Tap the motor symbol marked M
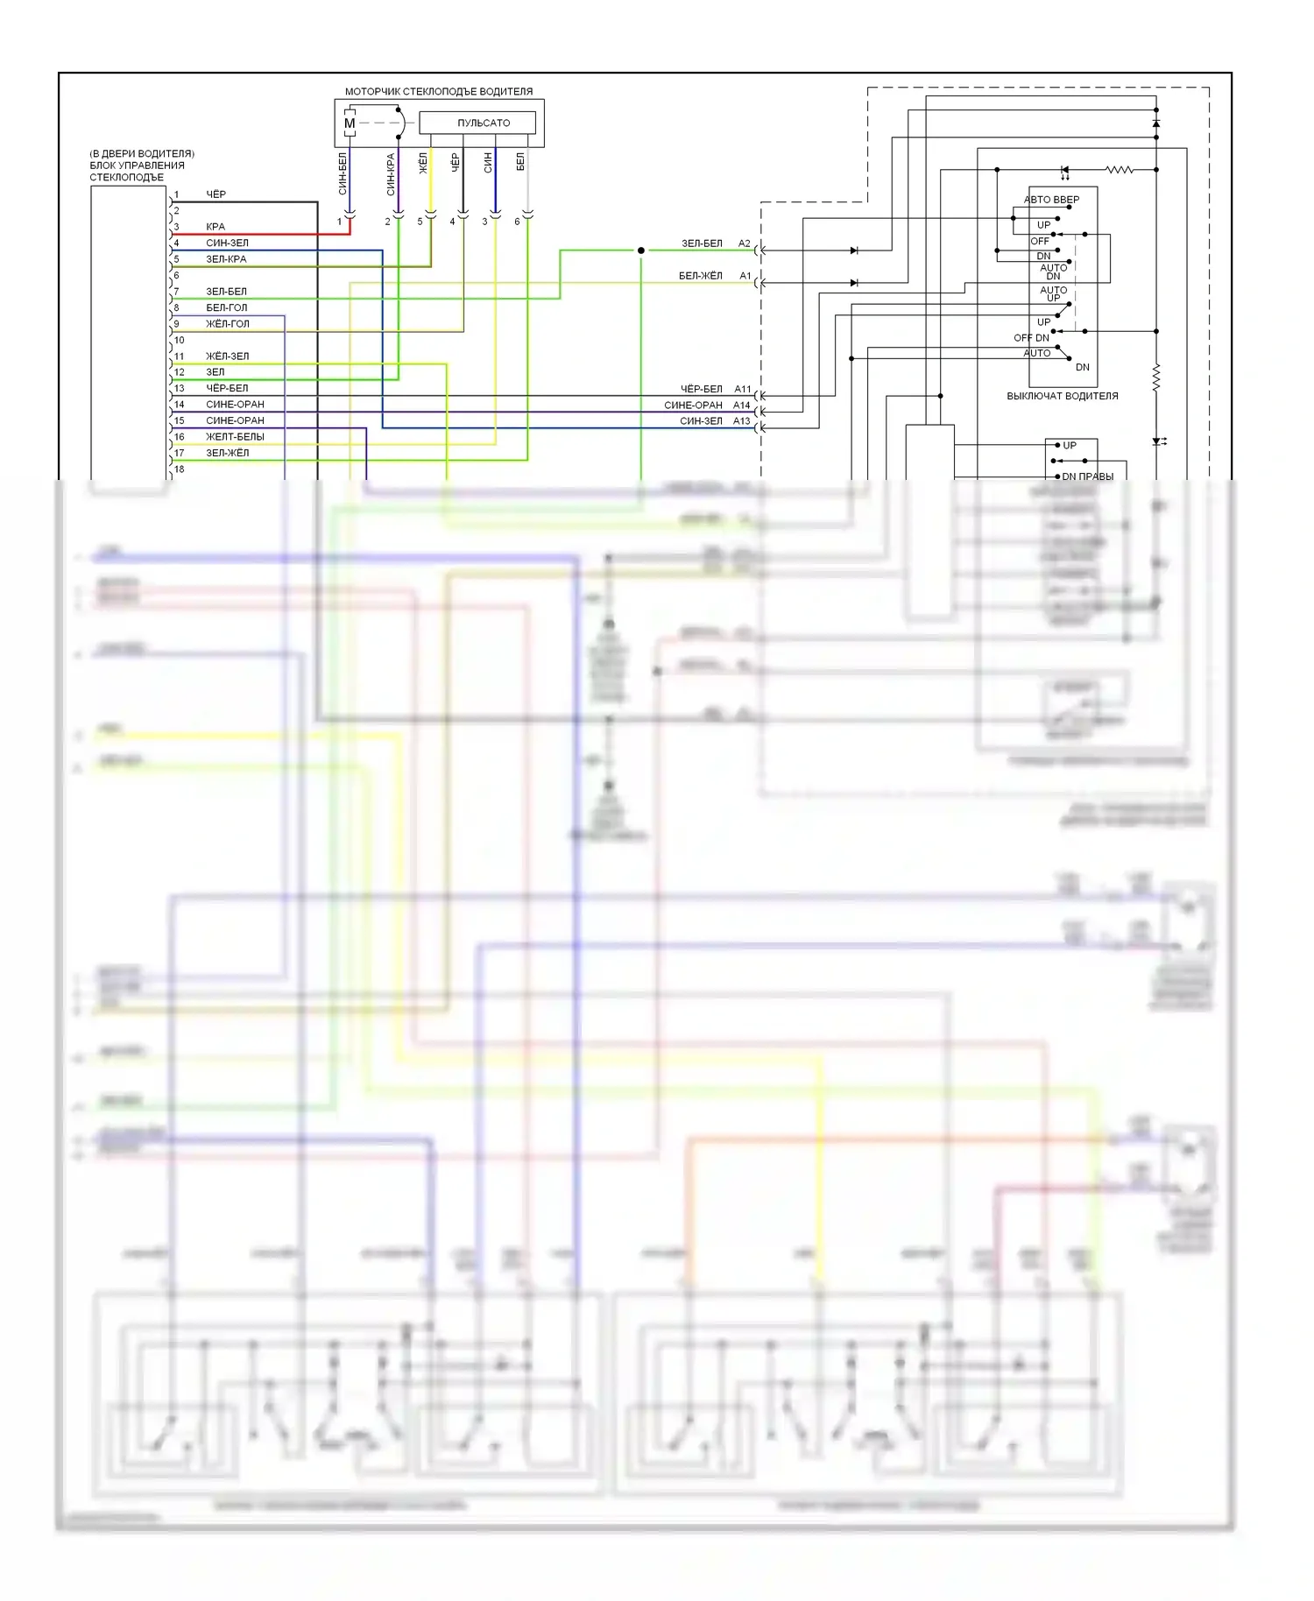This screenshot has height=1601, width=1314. (350, 123)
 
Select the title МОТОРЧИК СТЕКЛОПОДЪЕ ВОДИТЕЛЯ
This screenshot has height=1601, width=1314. (438, 91)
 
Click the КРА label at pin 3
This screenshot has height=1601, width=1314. (215, 227)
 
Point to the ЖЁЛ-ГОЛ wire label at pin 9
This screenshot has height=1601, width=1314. (228, 324)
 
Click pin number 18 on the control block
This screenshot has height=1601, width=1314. (180, 469)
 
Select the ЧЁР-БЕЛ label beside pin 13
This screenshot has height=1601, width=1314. (227, 388)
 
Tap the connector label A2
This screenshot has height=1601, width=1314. (745, 243)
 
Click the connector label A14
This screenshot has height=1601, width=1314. (742, 406)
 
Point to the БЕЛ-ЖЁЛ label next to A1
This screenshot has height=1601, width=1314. (701, 276)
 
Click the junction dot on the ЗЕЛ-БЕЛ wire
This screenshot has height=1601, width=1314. (641, 250)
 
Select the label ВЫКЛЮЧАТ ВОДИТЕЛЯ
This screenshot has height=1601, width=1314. (1063, 396)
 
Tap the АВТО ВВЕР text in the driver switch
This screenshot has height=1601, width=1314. (1052, 200)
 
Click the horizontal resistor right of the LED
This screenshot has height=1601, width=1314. (1119, 169)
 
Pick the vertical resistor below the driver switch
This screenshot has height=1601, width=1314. (1156, 377)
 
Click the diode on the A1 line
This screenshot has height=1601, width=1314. (854, 283)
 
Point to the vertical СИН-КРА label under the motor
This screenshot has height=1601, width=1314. (391, 174)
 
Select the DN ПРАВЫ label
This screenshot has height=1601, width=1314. (1088, 476)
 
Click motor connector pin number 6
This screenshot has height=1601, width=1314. (517, 222)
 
